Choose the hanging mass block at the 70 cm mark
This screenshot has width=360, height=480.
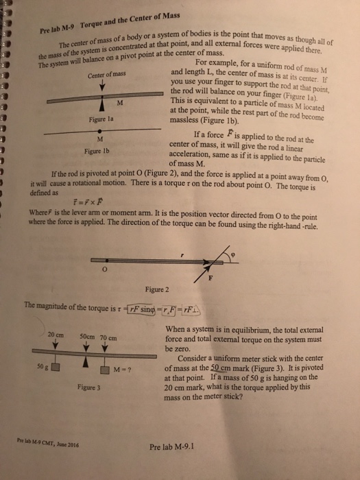[x=106, y=370]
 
